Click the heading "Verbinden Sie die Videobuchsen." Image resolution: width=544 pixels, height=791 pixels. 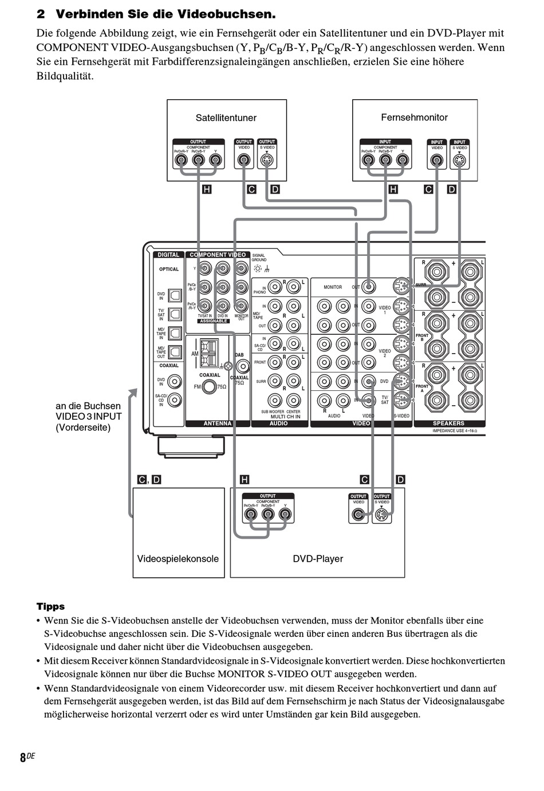(165, 14)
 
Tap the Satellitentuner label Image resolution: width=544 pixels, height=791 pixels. (226, 118)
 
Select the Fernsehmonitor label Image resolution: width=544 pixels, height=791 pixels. (414, 118)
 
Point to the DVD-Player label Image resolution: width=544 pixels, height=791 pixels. (318, 559)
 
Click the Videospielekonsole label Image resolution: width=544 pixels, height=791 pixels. (178, 559)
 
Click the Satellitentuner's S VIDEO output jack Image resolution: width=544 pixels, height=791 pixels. (267, 160)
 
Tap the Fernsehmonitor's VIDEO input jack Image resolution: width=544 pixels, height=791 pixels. (437, 161)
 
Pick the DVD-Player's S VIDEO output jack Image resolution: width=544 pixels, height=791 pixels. (382, 515)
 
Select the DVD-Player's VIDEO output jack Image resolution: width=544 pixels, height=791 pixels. (358, 515)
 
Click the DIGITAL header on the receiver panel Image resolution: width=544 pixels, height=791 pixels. (168, 254)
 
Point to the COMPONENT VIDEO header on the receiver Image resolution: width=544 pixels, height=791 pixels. (218, 254)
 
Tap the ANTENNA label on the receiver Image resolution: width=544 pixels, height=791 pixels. (218, 424)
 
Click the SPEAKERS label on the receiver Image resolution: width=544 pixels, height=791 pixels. (448, 424)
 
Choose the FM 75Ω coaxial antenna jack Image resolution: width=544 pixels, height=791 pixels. (210, 387)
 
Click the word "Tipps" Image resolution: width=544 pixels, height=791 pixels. (50, 606)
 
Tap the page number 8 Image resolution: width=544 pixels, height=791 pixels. (23, 758)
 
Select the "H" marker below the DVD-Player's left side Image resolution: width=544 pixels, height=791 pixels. (245, 480)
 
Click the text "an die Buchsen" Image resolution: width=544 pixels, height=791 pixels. (88, 406)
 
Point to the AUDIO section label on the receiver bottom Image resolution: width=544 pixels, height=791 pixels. (278, 424)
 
